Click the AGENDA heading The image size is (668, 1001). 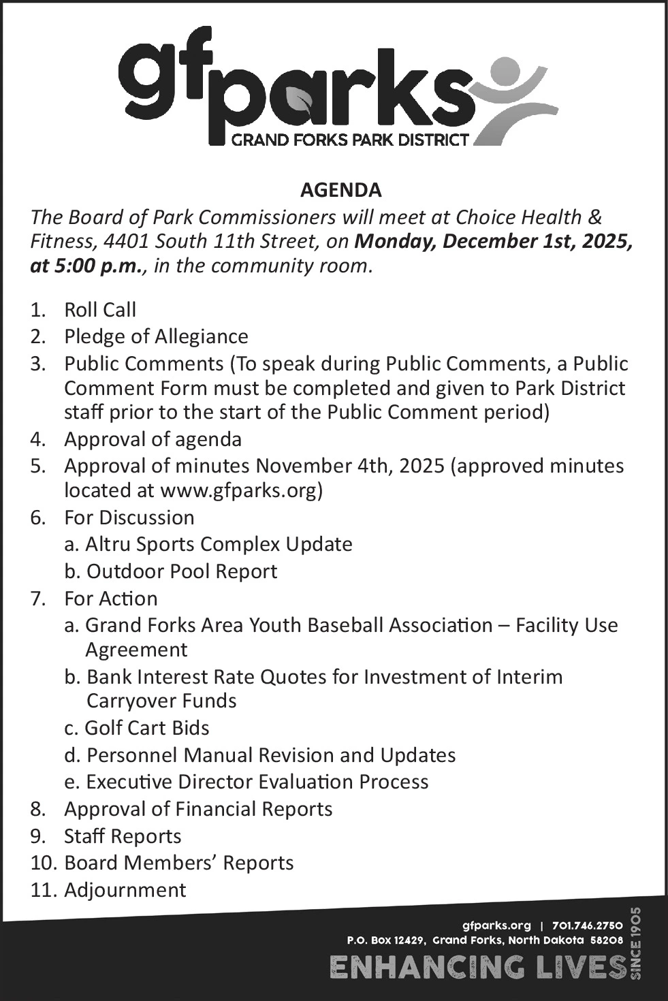(x=340, y=190)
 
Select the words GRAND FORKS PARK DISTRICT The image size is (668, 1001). (x=350, y=140)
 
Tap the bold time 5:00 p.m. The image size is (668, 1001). (x=86, y=266)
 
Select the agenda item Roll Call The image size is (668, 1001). (x=100, y=310)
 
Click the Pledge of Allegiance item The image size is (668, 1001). (x=156, y=336)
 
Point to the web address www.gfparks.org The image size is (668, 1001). (x=238, y=490)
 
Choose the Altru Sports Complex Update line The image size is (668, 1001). (x=218, y=544)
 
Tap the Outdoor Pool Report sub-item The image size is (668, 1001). (x=181, y=571)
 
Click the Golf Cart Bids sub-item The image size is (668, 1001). (x=146, y=728)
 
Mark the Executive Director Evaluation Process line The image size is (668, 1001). (x=257, y=782)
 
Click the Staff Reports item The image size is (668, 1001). (x=123, y=836)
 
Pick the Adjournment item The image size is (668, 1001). (x=125, y=890)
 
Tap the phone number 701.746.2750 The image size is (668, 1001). (x=588, y=925)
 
